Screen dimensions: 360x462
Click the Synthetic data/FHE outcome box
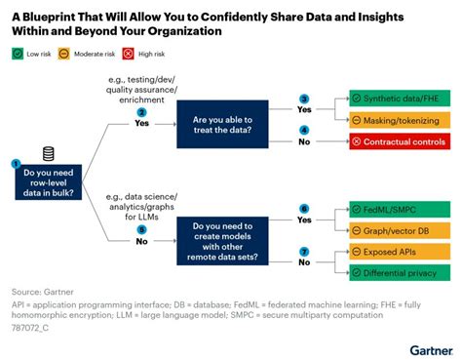401,100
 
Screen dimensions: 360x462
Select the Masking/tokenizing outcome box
401,119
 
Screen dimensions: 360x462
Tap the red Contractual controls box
401,141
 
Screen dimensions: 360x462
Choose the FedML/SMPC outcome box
401,209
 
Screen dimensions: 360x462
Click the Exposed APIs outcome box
401,252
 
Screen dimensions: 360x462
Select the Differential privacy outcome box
401,272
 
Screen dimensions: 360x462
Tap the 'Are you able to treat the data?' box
235,121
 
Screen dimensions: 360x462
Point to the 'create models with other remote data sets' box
235,241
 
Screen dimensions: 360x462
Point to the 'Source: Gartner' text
45,291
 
